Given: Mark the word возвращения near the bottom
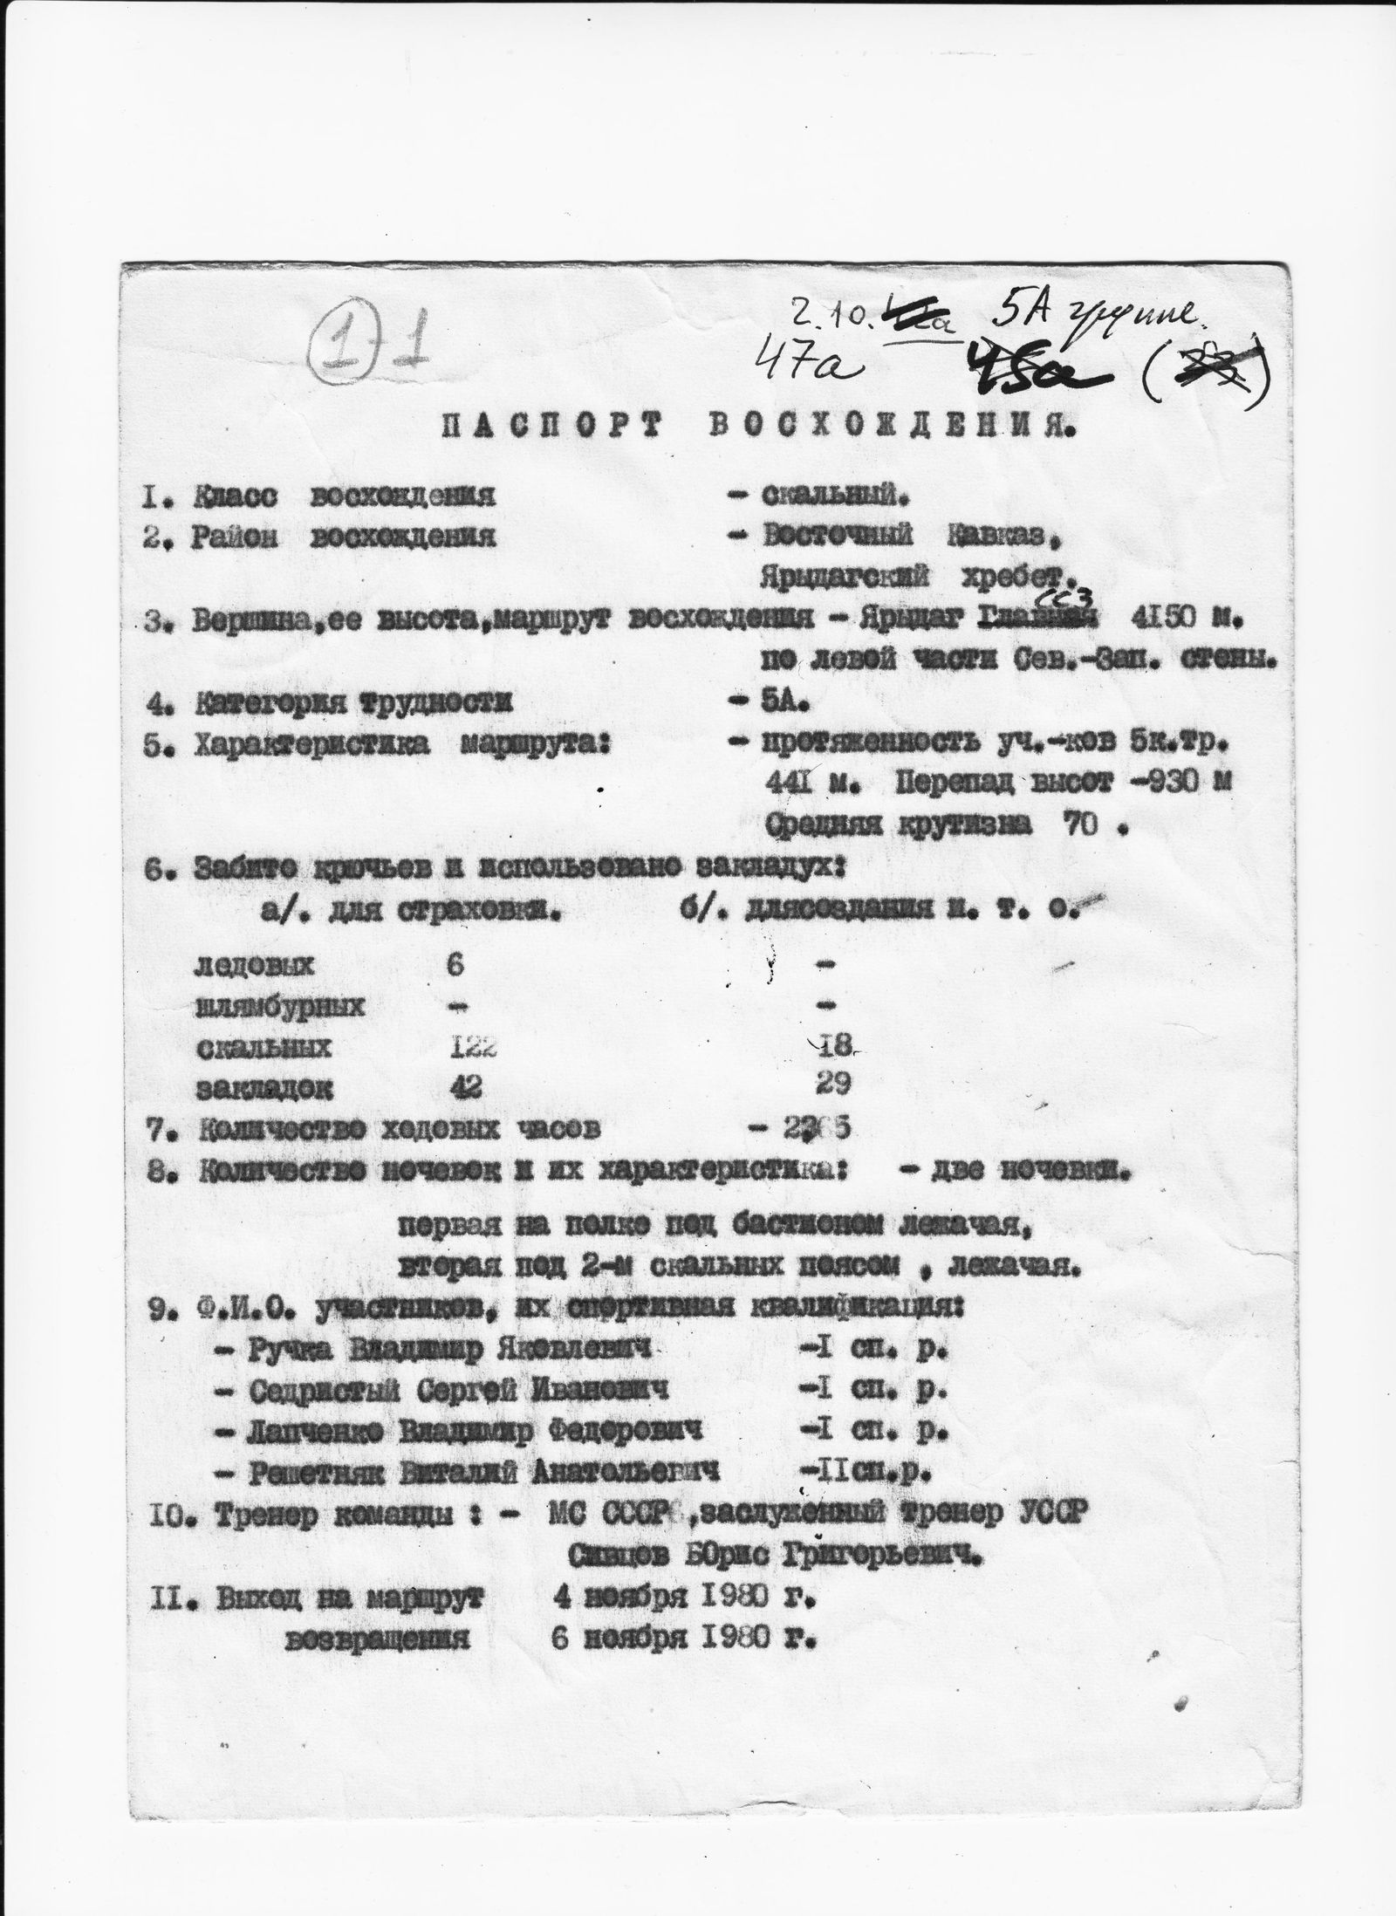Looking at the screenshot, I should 378,1639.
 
